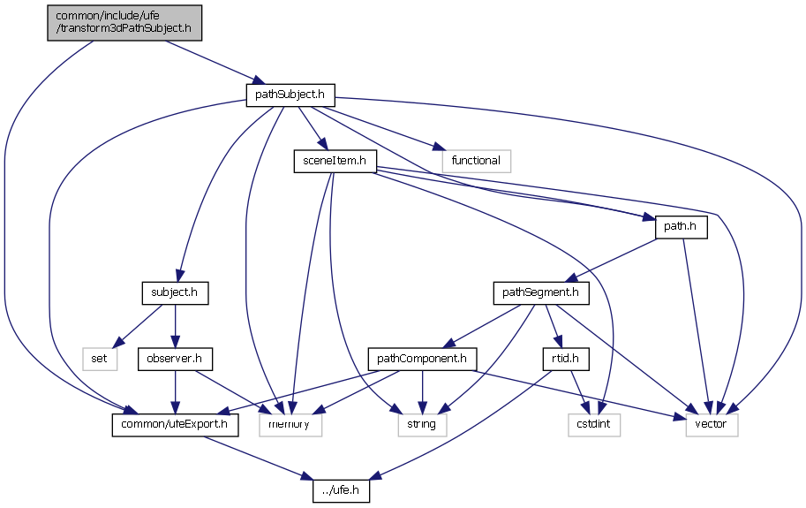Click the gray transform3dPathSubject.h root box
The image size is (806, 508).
[124, 22]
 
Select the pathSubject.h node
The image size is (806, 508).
[290, 95]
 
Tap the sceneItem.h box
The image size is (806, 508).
[335, 161]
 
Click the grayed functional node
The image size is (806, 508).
[476, 161]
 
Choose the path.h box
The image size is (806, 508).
[682, 226]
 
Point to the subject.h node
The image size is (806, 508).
[174, 292]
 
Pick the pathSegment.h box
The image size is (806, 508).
[540, 292]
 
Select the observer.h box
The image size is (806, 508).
[174, 359]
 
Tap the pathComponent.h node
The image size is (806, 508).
[422, 359]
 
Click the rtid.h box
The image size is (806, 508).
[565, 359]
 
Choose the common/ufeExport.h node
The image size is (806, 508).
[176, 425]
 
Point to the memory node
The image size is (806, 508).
[290, 425]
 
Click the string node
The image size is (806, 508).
[422, 425]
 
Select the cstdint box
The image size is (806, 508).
[594, 425]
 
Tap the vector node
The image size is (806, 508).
[712, 425]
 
